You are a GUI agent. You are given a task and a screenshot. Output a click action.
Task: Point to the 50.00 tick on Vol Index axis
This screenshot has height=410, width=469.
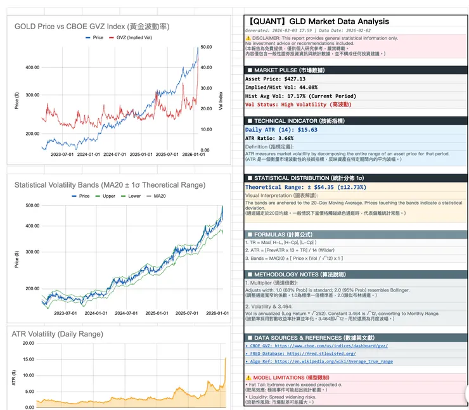[x=205, y=47]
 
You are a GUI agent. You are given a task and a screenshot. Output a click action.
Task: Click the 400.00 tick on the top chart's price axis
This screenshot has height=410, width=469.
[x=32, y=67]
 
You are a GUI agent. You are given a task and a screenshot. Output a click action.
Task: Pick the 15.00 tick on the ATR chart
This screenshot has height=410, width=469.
[x=29, y=359]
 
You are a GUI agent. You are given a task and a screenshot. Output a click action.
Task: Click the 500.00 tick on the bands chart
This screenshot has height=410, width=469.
[x=32, y=205]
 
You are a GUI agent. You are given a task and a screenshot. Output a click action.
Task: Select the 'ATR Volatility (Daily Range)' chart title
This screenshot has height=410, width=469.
[x=59, y=333]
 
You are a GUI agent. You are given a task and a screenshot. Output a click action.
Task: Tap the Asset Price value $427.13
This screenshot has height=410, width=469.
[x=301, y=79]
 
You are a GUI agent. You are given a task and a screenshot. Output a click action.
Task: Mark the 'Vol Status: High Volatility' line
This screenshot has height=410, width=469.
[x=298, y=104]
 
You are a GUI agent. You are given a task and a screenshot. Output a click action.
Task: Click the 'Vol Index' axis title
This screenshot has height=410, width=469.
[x=220, y=99]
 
